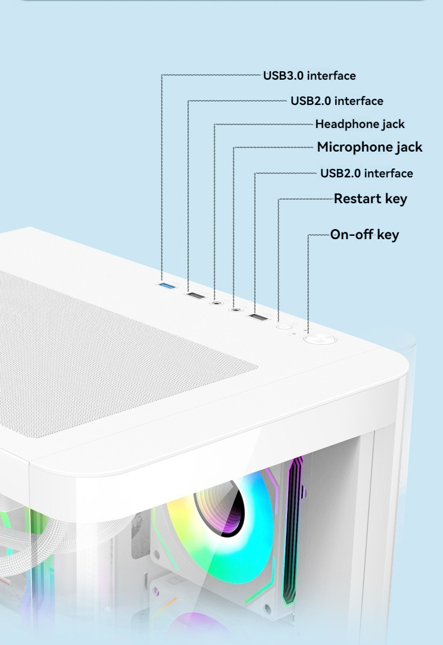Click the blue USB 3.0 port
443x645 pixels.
(x=167, y=287)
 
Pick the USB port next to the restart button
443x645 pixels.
(x=259, y=318)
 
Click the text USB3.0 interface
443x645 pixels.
(x=309, y=75)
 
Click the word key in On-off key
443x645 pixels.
(x=388, y=234)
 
